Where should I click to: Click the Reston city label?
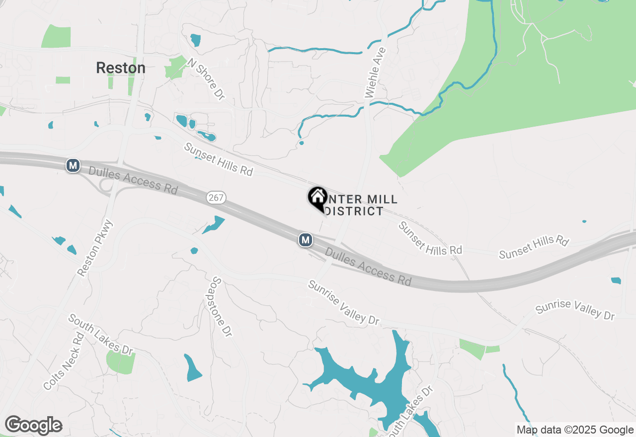tap(121, 68)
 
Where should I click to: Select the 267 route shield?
tap(216, 198)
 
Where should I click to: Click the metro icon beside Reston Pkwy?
tap(73, 165)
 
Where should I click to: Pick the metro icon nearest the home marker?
tap(306, 240)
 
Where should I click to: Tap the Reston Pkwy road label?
tap(96, 248)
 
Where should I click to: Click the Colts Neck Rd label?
tap(64, 361)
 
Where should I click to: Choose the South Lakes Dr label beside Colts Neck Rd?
tap(101, 335)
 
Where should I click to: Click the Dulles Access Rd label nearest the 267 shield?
tap(133, 180)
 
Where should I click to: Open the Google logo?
tap(33, 425)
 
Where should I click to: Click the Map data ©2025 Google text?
tap(575, 430)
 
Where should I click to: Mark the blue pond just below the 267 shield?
tap(214, 225)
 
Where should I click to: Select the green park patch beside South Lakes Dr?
tap(121, 362)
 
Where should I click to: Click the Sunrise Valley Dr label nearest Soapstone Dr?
tap(343, 303)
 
